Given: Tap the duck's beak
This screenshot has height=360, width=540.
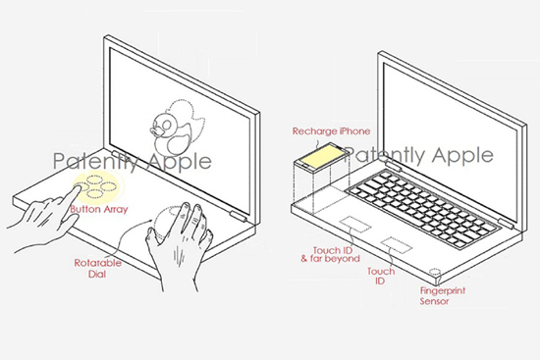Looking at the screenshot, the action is tap(154, 131).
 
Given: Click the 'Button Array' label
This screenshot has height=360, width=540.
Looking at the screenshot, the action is tap(99, 209).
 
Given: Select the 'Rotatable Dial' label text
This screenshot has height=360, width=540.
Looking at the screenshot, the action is tap(98, 269).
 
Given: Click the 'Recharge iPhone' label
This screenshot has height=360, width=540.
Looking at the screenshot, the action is tap(331, 131).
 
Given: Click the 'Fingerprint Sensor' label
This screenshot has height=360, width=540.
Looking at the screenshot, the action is tap(442, 296).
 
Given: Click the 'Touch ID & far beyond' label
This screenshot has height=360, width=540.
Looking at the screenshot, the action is tap(330, 254).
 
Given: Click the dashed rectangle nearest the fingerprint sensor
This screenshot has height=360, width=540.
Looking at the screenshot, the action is tap(397, 244).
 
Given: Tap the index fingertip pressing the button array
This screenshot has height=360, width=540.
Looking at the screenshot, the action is tap(77, 187).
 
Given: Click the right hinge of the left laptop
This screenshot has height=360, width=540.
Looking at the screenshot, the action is tap(239, 217).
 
